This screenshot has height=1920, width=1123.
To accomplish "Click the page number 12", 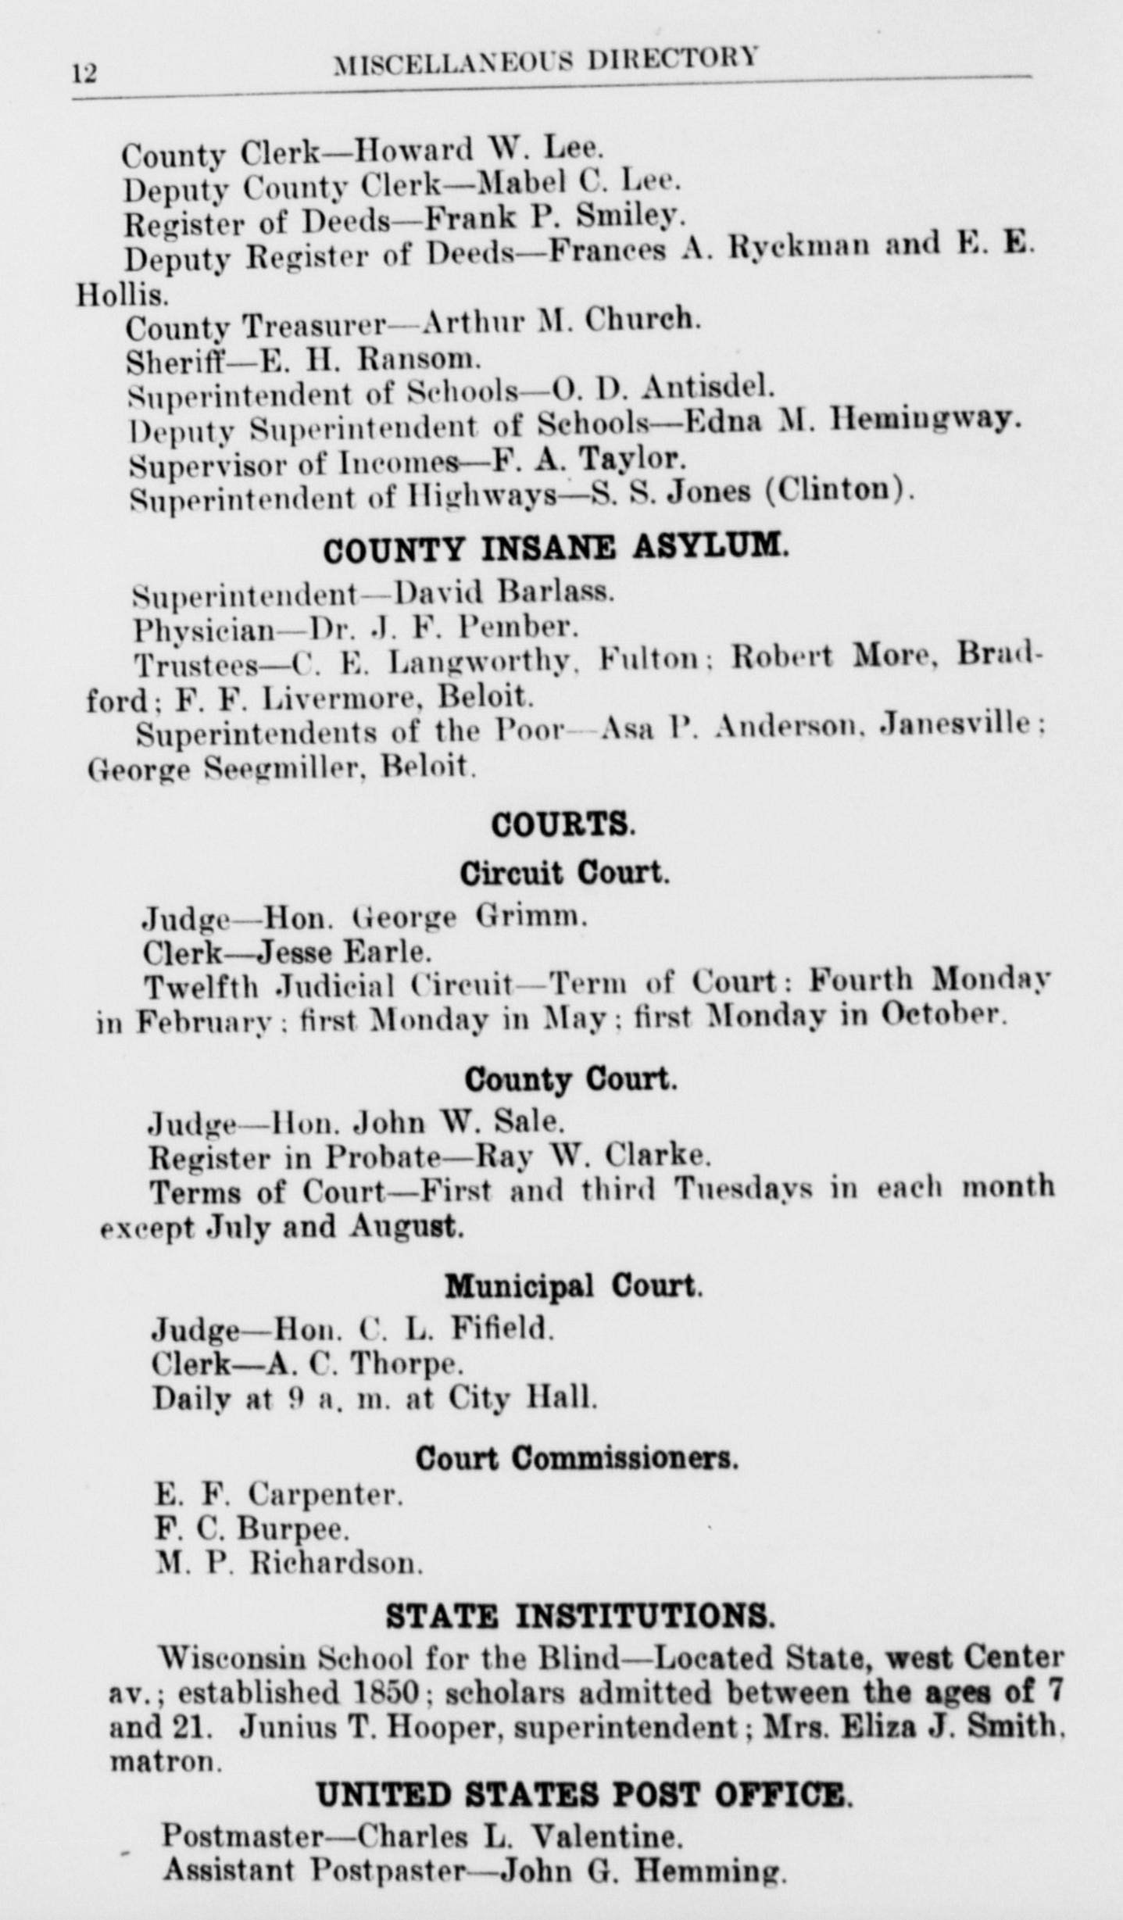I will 84,73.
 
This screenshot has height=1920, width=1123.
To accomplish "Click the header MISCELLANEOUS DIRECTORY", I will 545,61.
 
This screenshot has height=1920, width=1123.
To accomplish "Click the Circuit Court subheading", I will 564,873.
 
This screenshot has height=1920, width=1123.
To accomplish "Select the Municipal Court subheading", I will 573,1285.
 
